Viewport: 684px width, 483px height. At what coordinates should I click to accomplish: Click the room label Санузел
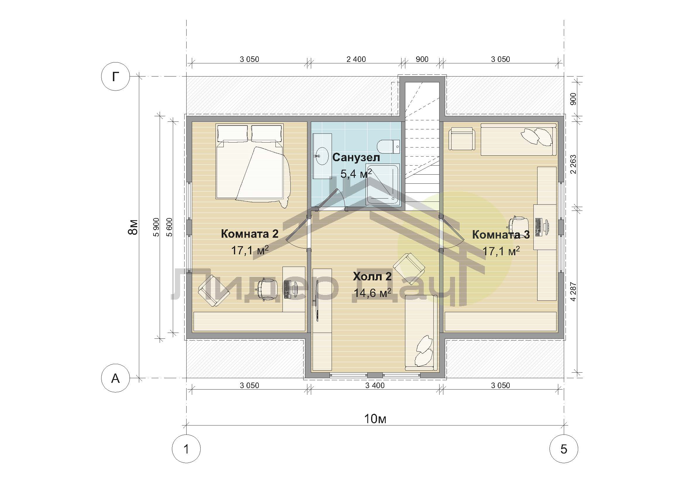coord(356,157)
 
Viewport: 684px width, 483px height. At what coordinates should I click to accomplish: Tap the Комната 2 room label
coord(250,234)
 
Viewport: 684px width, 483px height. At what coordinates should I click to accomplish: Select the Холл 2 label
coord(372,276)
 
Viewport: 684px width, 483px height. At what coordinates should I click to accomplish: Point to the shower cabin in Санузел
coord(383,184)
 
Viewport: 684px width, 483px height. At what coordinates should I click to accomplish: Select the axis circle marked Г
coord(115,77)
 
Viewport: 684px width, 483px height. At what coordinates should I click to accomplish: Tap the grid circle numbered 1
coord(187,449)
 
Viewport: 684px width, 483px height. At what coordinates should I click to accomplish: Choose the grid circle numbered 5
coord(564,449)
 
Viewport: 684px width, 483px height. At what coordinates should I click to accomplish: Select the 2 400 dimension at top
coord(356,59)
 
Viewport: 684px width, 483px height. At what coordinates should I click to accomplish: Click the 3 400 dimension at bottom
coord(375,385)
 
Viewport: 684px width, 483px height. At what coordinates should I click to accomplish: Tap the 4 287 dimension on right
coord(573,292)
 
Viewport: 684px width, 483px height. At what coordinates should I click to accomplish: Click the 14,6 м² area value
coord(372,293)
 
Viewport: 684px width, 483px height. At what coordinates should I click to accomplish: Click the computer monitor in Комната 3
coord(547,227)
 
